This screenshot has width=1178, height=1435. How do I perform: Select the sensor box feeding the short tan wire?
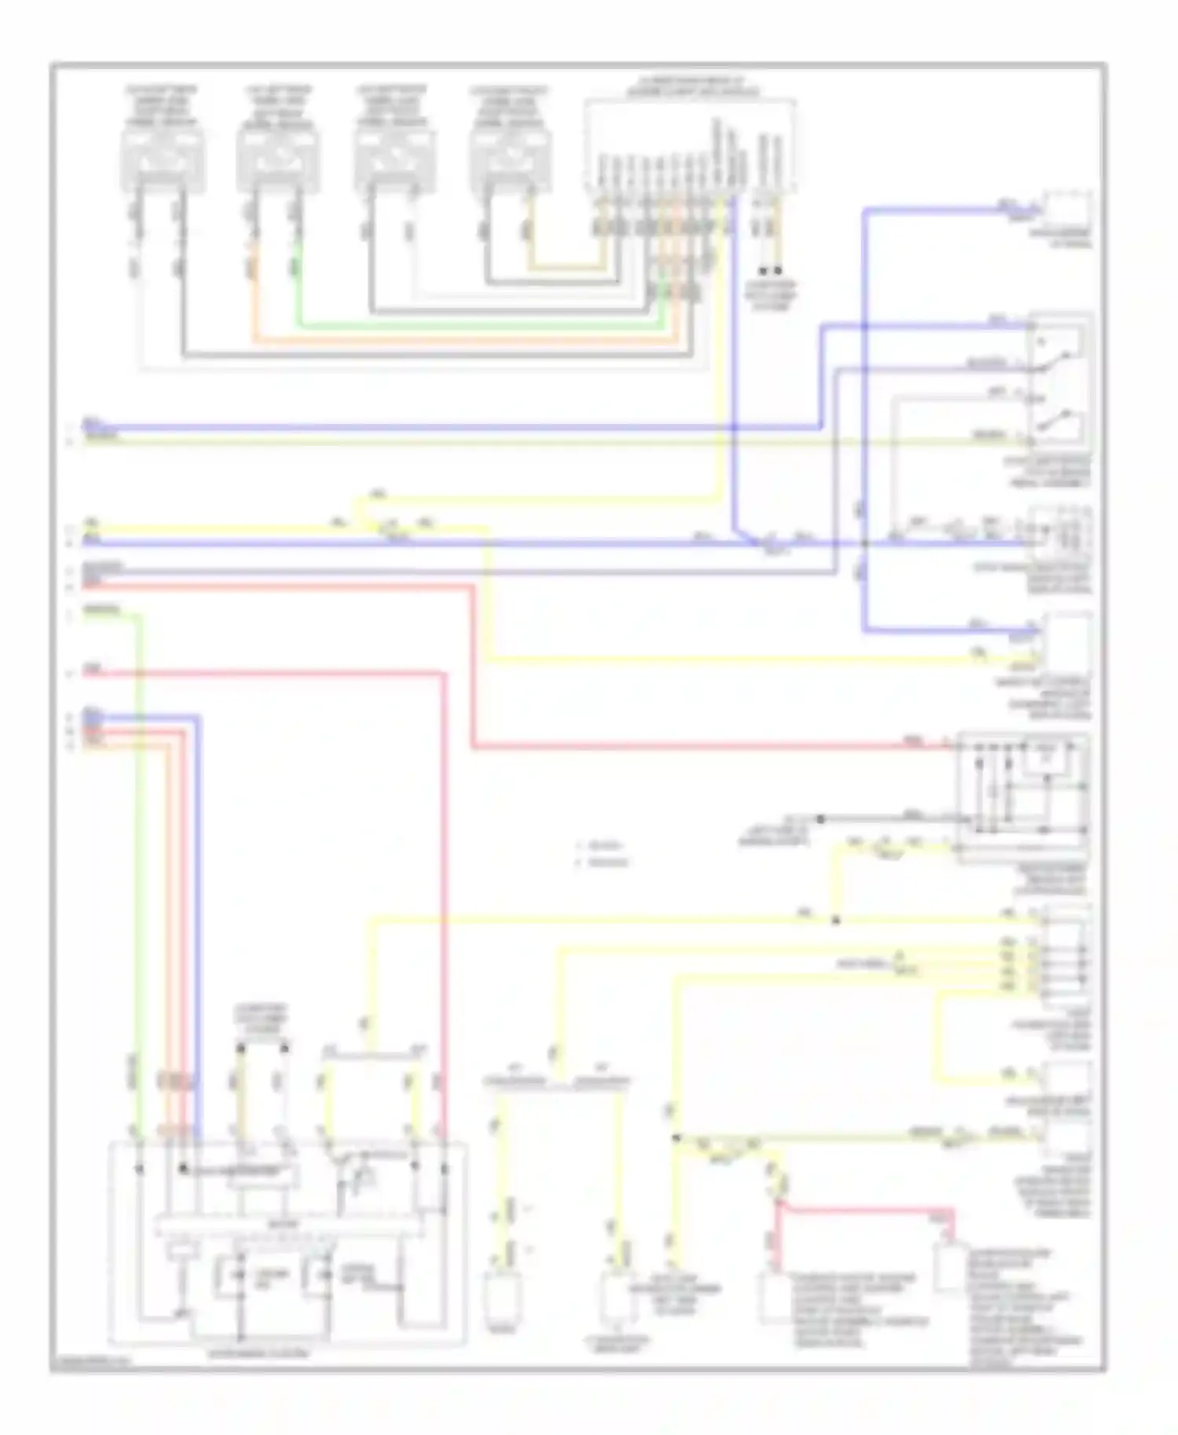pos(510,161)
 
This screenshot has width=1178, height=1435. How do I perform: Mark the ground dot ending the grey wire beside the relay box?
pos(820,819)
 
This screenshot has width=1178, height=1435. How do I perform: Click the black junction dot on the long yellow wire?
pos(836,920)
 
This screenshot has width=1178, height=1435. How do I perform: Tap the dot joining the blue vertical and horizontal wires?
pos(864,544)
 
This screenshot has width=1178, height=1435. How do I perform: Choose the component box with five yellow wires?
pos(1063,954)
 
